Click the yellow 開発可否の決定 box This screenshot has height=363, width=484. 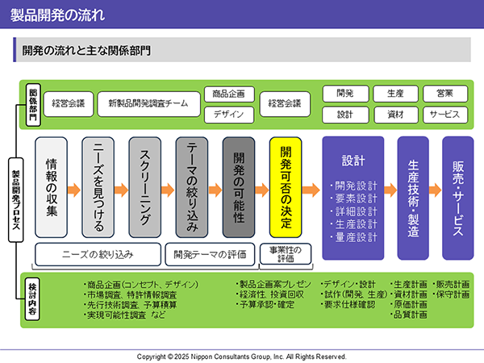(x=286, y=187)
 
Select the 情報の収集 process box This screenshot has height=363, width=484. (x=52, y=187)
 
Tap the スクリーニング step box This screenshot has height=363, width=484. (x=145, y=187)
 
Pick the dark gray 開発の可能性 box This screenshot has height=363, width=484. (x=239, y=187)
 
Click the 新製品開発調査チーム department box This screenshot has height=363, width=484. (x=148, y=104)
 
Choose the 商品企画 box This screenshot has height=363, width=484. (x=229, y=94)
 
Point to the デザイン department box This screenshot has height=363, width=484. (x=229, y=115)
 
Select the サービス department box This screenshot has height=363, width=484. (x=445, y=115)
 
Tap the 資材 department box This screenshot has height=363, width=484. (x=396, y=115)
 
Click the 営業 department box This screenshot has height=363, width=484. (x=445, y=94)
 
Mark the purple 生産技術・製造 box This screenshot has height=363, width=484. (x=413, y=198)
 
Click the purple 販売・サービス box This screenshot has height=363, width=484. (x=458, y=198)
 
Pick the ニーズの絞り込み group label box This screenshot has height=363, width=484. (x=98, y=254)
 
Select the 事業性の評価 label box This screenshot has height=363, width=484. (x=286, y=254)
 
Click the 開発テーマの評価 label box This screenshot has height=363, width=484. (x=210, y=254)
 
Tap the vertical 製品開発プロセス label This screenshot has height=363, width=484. (x=16, y=200)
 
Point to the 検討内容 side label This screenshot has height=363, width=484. (x=32, y=298)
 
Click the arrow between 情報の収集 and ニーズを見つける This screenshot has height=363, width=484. (x=74, y=190)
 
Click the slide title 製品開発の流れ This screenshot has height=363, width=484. (x=58, y=15)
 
